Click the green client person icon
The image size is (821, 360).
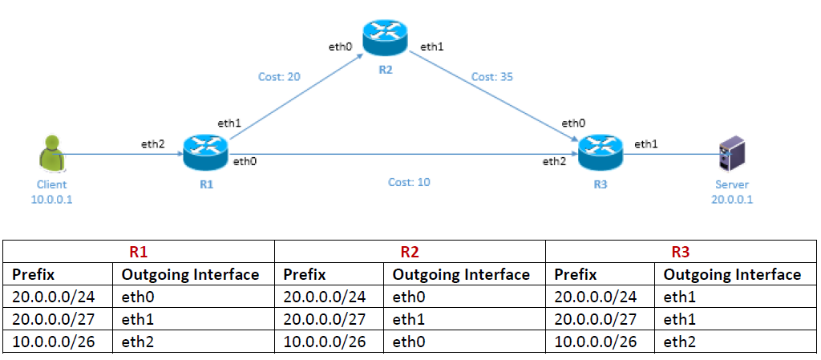[52, 154]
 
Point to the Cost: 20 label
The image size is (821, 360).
[279, 77]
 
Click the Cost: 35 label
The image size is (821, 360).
[491, 77]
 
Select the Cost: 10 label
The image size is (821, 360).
[409, 182]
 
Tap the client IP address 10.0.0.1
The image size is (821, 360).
[52, 198]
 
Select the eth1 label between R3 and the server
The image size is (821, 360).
[646, 144]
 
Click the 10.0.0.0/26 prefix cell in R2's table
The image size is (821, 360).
[324, 342]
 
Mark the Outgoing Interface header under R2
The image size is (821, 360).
[461, 275]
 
